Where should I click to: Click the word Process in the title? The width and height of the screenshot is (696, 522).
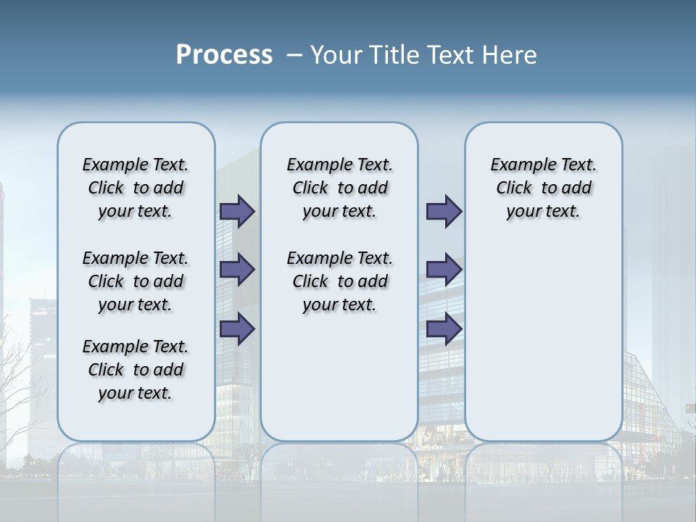224,55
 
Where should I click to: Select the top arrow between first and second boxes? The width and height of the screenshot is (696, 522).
237,211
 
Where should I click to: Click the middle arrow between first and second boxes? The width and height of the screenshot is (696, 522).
237,270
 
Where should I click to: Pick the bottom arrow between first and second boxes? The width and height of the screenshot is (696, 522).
237,328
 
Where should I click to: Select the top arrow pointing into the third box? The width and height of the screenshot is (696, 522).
444,211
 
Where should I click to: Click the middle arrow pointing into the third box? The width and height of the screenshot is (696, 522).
444,270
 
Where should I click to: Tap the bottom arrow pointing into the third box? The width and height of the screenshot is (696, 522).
444,328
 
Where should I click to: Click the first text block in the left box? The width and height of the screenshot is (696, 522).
136,188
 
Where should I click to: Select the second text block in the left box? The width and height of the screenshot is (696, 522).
136,281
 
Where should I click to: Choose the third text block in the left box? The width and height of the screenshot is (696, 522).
136,370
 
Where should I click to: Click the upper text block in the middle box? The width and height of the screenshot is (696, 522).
339,188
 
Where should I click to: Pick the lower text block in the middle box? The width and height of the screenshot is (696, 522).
339,281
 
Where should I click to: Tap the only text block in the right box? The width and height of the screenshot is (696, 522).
543,188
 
